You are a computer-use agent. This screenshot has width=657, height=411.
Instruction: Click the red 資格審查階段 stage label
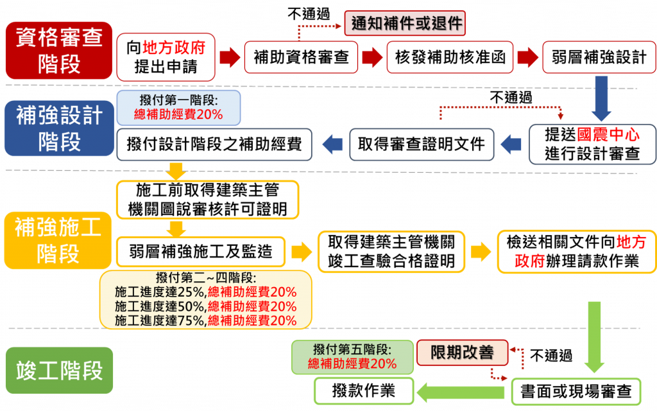click(59, 50)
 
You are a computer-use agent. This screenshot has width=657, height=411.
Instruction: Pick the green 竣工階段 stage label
click(59, 371)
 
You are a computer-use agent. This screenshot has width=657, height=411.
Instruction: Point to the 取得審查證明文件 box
click(421, 144)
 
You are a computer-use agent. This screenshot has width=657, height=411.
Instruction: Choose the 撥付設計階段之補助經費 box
click(214, 144)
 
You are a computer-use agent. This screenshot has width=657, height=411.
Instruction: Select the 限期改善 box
click(462, 353)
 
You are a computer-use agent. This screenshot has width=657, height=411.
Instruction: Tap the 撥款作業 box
click(363, 390)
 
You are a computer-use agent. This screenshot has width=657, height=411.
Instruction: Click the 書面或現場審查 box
click(576, 391)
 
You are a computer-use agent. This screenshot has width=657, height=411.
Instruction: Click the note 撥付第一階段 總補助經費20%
click(178, 107)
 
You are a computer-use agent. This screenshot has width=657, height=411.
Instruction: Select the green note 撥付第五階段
click(352, 357)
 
